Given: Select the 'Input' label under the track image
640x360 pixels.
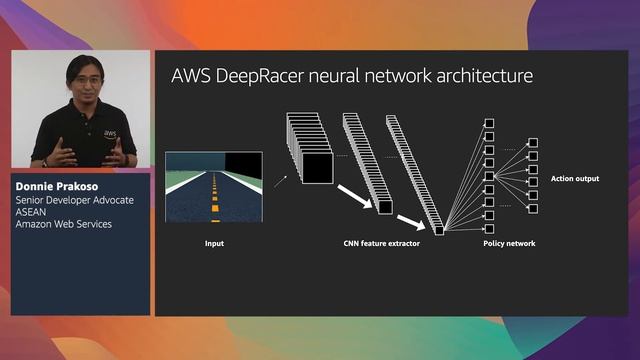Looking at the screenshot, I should [214, 243].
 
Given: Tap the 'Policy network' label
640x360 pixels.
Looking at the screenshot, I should [508, 243].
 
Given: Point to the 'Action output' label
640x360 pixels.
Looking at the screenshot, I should [575, 179].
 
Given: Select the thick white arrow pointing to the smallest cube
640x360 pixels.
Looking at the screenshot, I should [414, 220].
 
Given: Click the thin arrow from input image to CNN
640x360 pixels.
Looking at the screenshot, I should [279, 180].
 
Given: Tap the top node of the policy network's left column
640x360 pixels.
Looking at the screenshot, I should [490, 123].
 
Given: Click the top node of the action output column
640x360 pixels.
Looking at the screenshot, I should [533, 143].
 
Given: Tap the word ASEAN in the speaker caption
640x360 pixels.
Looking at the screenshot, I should [32, 212].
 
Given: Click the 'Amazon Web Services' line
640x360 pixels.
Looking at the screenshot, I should [63, 224].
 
